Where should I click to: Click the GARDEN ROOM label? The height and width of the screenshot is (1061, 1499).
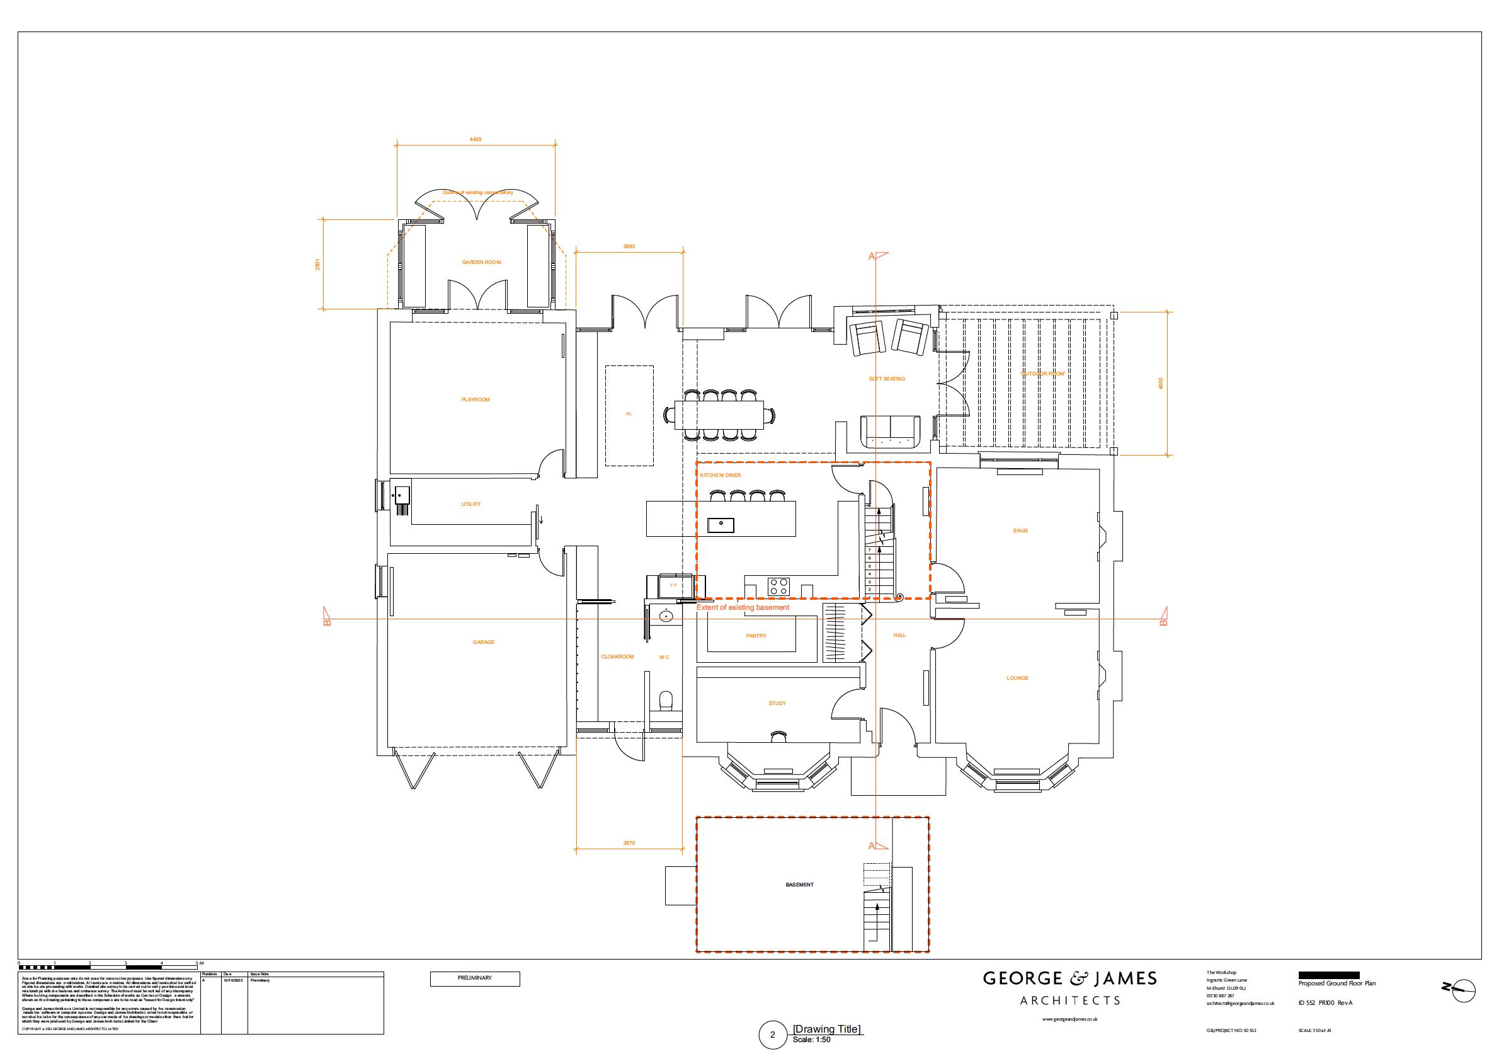pos(481,262)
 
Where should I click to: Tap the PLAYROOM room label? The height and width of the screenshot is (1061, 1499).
pos(475,399)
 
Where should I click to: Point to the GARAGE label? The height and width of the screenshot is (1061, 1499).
pos(483,642)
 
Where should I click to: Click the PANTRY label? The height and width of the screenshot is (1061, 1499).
pos(756,636)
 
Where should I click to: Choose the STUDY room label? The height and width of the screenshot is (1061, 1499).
pos(777,703)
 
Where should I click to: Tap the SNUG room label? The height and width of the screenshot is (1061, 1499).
pos(1020,530)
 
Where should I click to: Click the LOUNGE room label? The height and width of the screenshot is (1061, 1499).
pos(1018,678)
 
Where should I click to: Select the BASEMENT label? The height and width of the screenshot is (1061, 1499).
pos(799,885)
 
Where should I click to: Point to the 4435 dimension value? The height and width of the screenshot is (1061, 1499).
pos(476,139)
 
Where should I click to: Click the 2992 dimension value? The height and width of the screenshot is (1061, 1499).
pos(629,246)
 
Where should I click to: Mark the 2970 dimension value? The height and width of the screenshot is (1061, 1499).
pos(629,844)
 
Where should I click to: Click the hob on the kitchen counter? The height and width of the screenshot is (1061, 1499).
pos(778,585)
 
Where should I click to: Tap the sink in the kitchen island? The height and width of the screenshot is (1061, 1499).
pos(721,525)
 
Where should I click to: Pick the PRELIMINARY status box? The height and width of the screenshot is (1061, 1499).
pos(475,978)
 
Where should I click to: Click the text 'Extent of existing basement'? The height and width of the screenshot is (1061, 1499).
pos(743,607)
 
